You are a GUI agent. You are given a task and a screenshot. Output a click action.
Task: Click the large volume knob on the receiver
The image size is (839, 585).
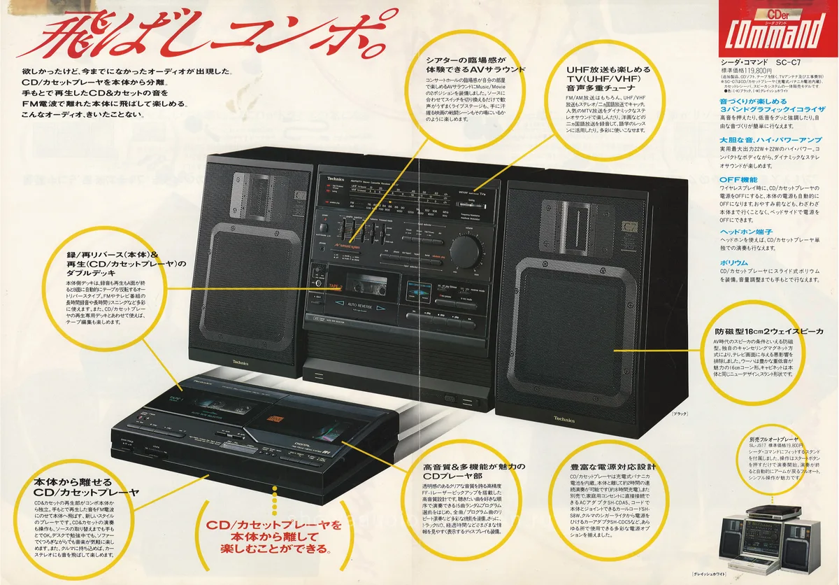click(466, 248)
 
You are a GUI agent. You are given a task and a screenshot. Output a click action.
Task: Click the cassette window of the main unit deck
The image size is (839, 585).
click(363, 283)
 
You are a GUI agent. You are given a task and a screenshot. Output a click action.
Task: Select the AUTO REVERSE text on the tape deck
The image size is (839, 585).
click(360, 305)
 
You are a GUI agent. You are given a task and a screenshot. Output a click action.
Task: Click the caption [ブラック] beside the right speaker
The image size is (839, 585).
click(679, 415)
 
